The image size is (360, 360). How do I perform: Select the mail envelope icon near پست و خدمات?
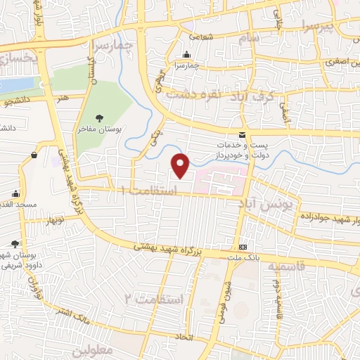tap(243, 135)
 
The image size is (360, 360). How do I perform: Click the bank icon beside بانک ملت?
tap(243, 247)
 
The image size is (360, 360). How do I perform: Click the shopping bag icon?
tap(34, 155)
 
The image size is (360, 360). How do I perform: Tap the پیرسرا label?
tap(302, 25)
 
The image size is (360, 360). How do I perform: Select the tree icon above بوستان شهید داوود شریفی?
tap(15, 244)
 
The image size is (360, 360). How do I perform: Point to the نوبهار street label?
tap(53, 220)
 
